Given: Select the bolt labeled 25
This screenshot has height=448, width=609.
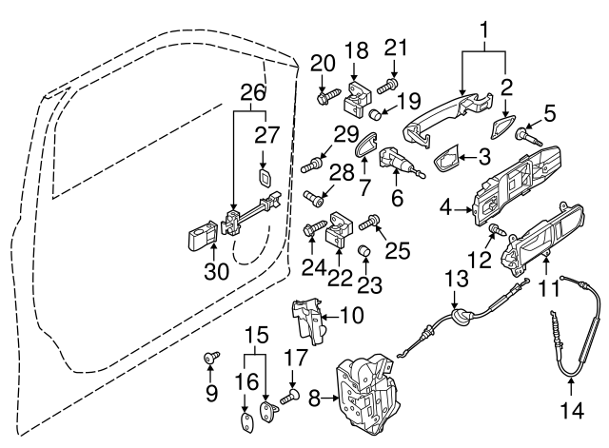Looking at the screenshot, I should pos(372,221).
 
